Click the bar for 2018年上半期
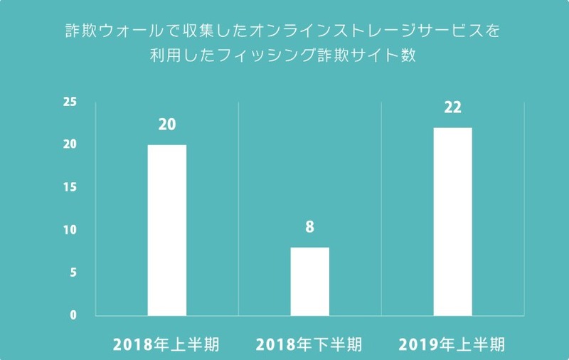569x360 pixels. point(166,230)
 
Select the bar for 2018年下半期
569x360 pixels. point(309,281)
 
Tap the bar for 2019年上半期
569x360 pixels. point(453,221)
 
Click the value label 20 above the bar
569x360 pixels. point(167,125)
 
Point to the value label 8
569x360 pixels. point(309,228)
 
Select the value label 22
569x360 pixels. point(453,108)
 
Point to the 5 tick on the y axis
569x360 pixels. point(72,273)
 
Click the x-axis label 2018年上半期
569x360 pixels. point(166,345)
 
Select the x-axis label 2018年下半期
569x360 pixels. point(309,345)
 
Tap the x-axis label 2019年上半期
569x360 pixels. point(452,345)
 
